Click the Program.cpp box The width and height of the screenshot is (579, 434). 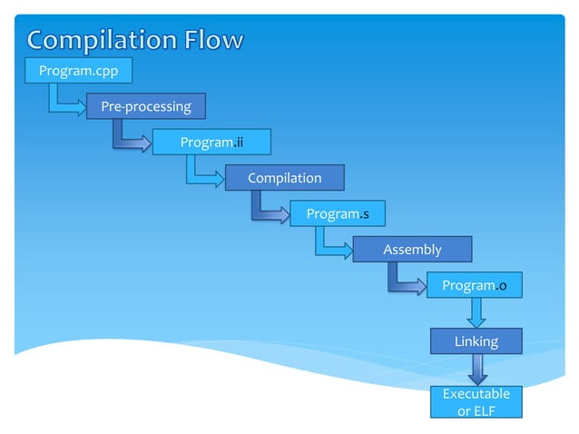(x=78, y=70)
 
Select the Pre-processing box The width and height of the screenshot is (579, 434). (x=146, y=106)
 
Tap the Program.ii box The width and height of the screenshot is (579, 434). (x=211, y=142)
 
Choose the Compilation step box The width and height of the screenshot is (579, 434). (x=284, y=178)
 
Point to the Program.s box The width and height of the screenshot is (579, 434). (x=338, y=213)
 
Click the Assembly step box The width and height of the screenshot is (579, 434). (x=412, y=249)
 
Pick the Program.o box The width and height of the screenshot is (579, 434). (x=476, y=285)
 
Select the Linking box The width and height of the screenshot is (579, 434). (x=476, y=341)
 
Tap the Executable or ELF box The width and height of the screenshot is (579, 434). (x=476, y=403)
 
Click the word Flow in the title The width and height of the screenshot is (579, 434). (x=208, y=40)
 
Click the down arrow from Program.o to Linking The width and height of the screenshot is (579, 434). (x=476, y=313)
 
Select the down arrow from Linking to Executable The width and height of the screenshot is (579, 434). (x=476, y=370)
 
